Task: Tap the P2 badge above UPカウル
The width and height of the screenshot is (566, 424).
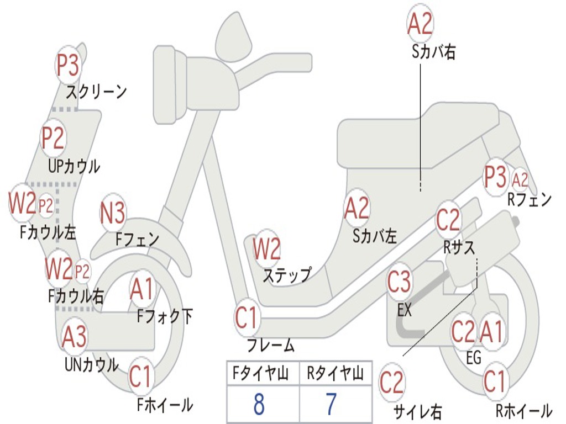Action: tap(53, 138)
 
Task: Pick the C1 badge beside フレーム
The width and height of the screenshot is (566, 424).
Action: tap(247, 319)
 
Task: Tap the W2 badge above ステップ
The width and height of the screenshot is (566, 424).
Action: tap(266, 250)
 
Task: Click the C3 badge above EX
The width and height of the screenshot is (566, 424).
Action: tap(399, 283)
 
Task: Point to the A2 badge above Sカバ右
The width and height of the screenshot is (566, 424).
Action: tap(420, 24)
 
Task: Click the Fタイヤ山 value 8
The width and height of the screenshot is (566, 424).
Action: tap(258, 405)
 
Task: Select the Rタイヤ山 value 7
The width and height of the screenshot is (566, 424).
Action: tap(331, 405)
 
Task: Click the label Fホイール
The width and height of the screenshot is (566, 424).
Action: tap(165, 405)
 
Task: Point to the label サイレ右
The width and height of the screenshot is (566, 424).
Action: tap(417, 411)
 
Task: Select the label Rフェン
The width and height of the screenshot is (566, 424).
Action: tap(530, 200)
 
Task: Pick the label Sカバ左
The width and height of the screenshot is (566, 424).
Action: tap(375, 236)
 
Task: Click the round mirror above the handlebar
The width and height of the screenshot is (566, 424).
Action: tap(233, 38)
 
